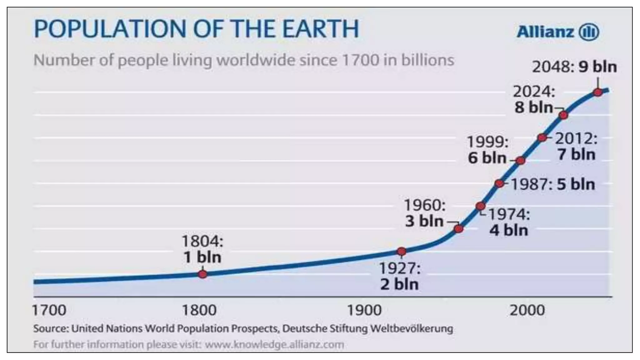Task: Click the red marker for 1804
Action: click(202, 274)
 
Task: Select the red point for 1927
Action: click(402, 251)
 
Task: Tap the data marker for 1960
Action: click(458, 229)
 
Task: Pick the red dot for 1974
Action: click(481, 206)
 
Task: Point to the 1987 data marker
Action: click(500, 183)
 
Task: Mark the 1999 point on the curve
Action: click(520, 161)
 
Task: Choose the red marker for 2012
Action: click(542, 137)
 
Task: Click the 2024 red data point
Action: click(563, 115)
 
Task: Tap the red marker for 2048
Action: click(598, 92)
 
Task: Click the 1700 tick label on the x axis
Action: click(49, 310)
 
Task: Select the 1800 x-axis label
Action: click(199, 310)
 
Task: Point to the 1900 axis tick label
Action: click(364, 310)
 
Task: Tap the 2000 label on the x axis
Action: click(527, 310)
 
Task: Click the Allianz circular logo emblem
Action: click(589, 32)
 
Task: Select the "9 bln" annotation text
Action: click(597, 67)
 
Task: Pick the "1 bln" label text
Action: click(202, 257)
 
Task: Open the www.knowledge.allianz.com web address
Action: click(274, 344)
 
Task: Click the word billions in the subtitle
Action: click(427, 60)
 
